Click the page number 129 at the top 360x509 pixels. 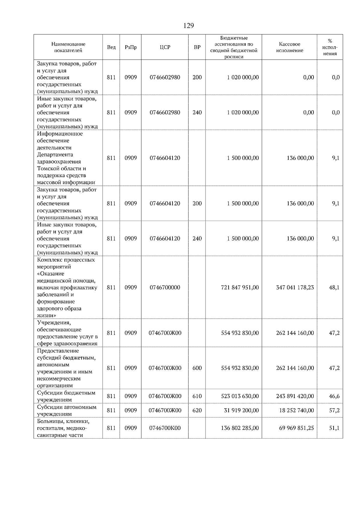point(188,26)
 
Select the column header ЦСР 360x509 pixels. point(165,47)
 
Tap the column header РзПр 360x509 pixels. point(130,47)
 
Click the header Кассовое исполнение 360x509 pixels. point(289,47)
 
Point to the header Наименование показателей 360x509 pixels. point(68,47)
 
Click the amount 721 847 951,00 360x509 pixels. point(240,287)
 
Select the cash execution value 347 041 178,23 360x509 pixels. point(295,287)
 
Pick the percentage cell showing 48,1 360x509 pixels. point(334,287)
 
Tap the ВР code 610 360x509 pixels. point(197,396)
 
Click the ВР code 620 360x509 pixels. point(197,410)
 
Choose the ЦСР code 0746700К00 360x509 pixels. point(165,428)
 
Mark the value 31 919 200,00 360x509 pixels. point(241,410)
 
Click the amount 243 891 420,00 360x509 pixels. point(295,396)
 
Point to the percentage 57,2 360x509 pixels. point(334,410)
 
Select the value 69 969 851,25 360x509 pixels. point(296,428)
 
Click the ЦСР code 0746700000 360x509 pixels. point(165,287)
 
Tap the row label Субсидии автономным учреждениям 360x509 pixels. point(67,410)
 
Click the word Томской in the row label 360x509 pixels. point(47,168)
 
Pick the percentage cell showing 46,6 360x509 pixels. point(334,396)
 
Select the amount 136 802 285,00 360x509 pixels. point(240,428)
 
